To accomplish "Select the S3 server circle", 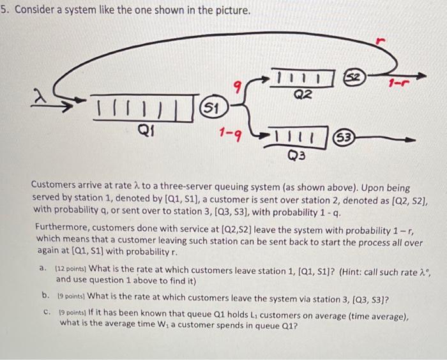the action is pos(344,139).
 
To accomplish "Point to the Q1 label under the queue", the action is pos(146,131).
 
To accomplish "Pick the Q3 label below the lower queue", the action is pos(296,155).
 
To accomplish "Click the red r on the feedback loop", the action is pos(381,41).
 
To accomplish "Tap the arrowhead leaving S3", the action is pos(410,139).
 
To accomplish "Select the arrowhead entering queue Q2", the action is pos(264,78).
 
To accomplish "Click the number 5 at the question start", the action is pos(3,10).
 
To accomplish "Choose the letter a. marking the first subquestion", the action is pos(43,268).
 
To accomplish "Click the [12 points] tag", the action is pos(72,269).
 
